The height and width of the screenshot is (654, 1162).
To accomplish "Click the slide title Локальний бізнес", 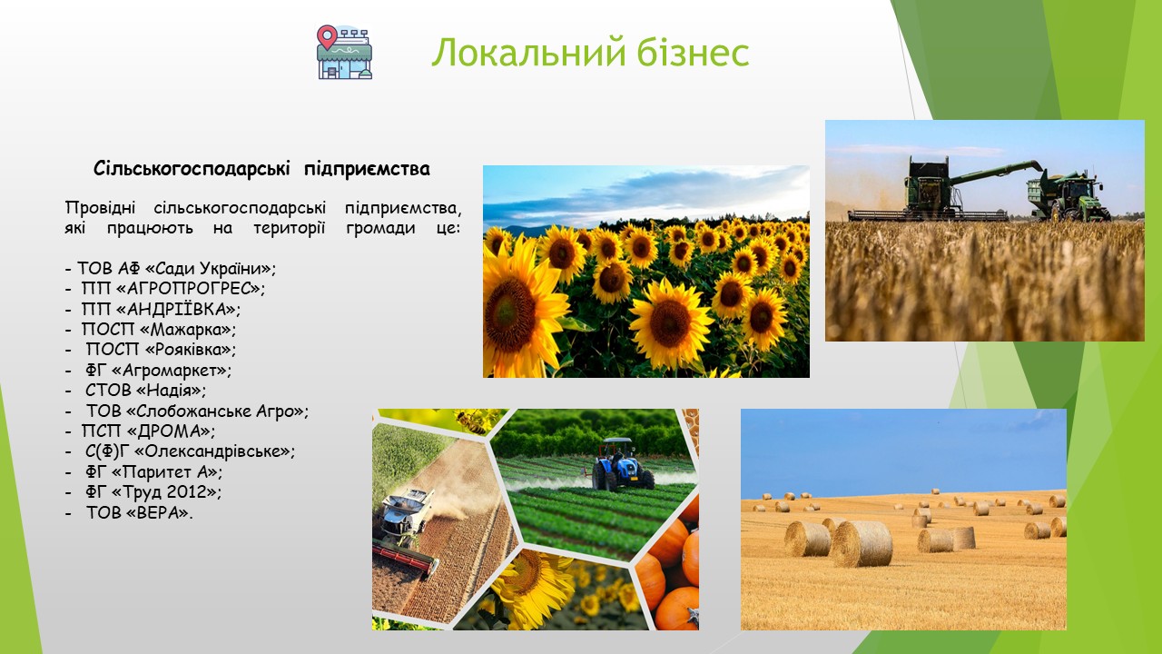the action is click(x=590, y=53).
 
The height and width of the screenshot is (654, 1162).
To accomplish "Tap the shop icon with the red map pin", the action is click(x=344, y=52).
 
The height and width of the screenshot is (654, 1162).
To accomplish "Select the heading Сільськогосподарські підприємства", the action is click(x=262, y=169).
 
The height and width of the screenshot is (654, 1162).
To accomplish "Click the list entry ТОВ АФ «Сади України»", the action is click(x=176, y=268).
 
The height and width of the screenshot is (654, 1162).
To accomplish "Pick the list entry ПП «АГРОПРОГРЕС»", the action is click(x=173, y=288).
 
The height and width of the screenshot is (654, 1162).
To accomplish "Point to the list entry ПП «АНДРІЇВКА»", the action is click(x=161, y=309).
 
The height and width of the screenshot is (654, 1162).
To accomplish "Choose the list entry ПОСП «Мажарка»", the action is click(x=159, y=329).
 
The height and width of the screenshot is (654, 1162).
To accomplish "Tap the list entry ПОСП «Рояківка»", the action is click(x=161, y=350).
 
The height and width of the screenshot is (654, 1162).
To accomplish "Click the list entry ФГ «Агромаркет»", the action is click(x=159, y=370).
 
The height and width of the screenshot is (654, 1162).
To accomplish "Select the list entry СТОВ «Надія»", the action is click(x=146, y=391).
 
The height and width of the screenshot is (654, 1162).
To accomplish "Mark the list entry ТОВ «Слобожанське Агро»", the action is click(x=197, y=411).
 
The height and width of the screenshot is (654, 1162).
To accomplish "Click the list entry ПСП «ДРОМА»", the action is click(x=148, y=431).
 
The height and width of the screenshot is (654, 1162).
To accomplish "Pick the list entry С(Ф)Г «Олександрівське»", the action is click(x=191, y=451).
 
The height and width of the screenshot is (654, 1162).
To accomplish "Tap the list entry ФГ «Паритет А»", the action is click(x=154, y=471).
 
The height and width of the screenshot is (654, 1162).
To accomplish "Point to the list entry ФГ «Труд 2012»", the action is click(x=153, y=492).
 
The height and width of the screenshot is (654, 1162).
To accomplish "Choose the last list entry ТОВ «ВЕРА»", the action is click(x=139, y=513).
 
